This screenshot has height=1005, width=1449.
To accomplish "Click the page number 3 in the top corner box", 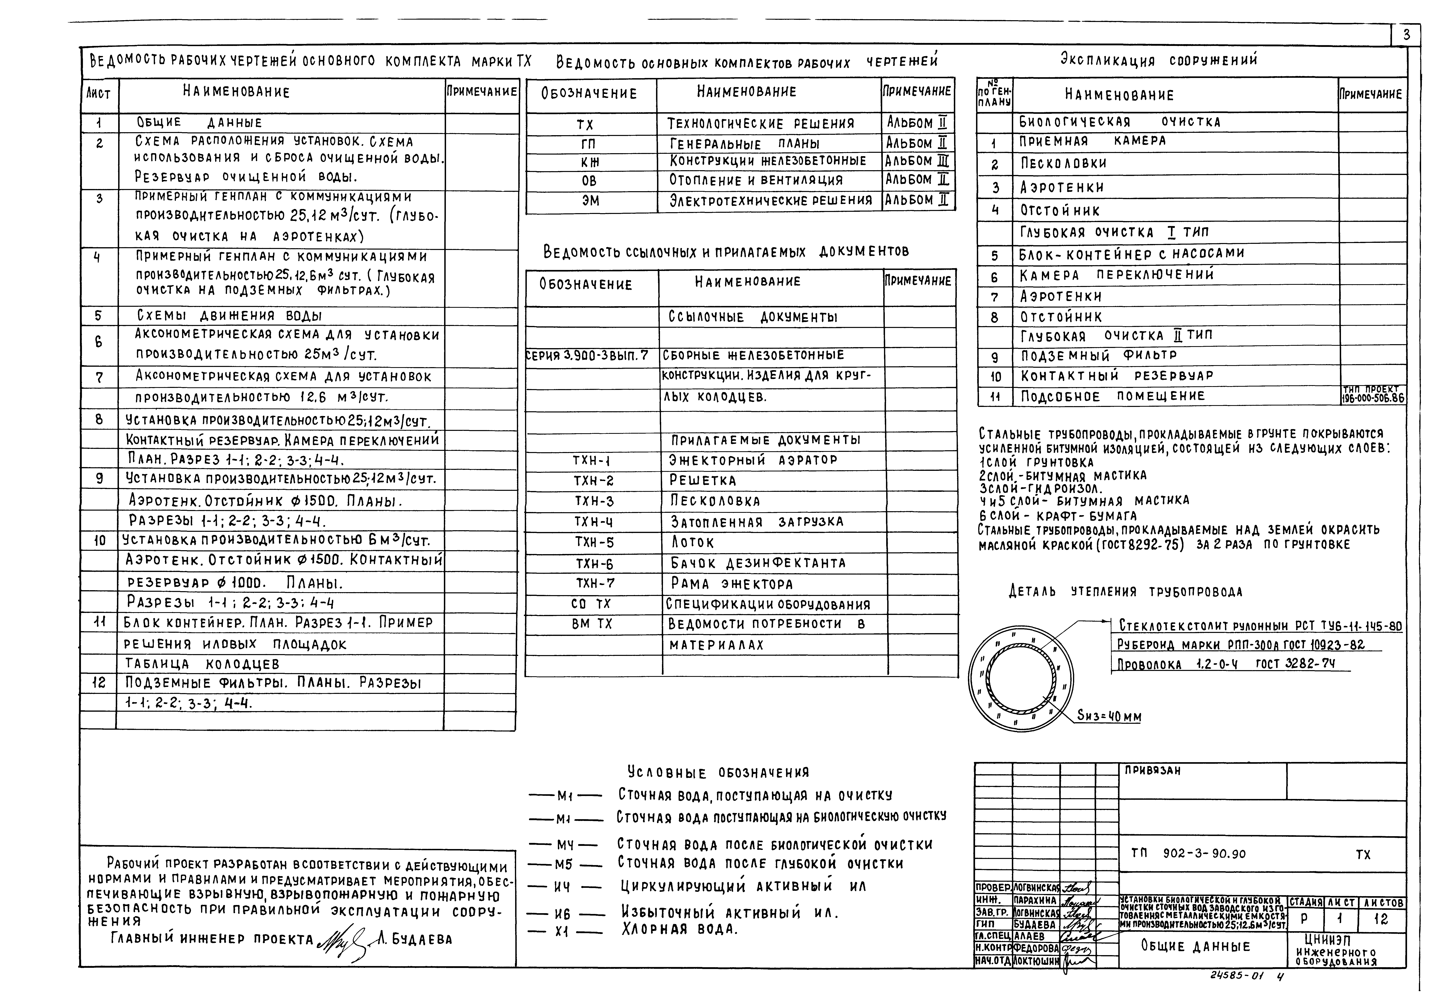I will click(1406, 35).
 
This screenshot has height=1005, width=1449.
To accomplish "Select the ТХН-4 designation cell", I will click(593, 522).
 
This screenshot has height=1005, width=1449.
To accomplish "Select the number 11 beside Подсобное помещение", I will click(995, 397).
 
